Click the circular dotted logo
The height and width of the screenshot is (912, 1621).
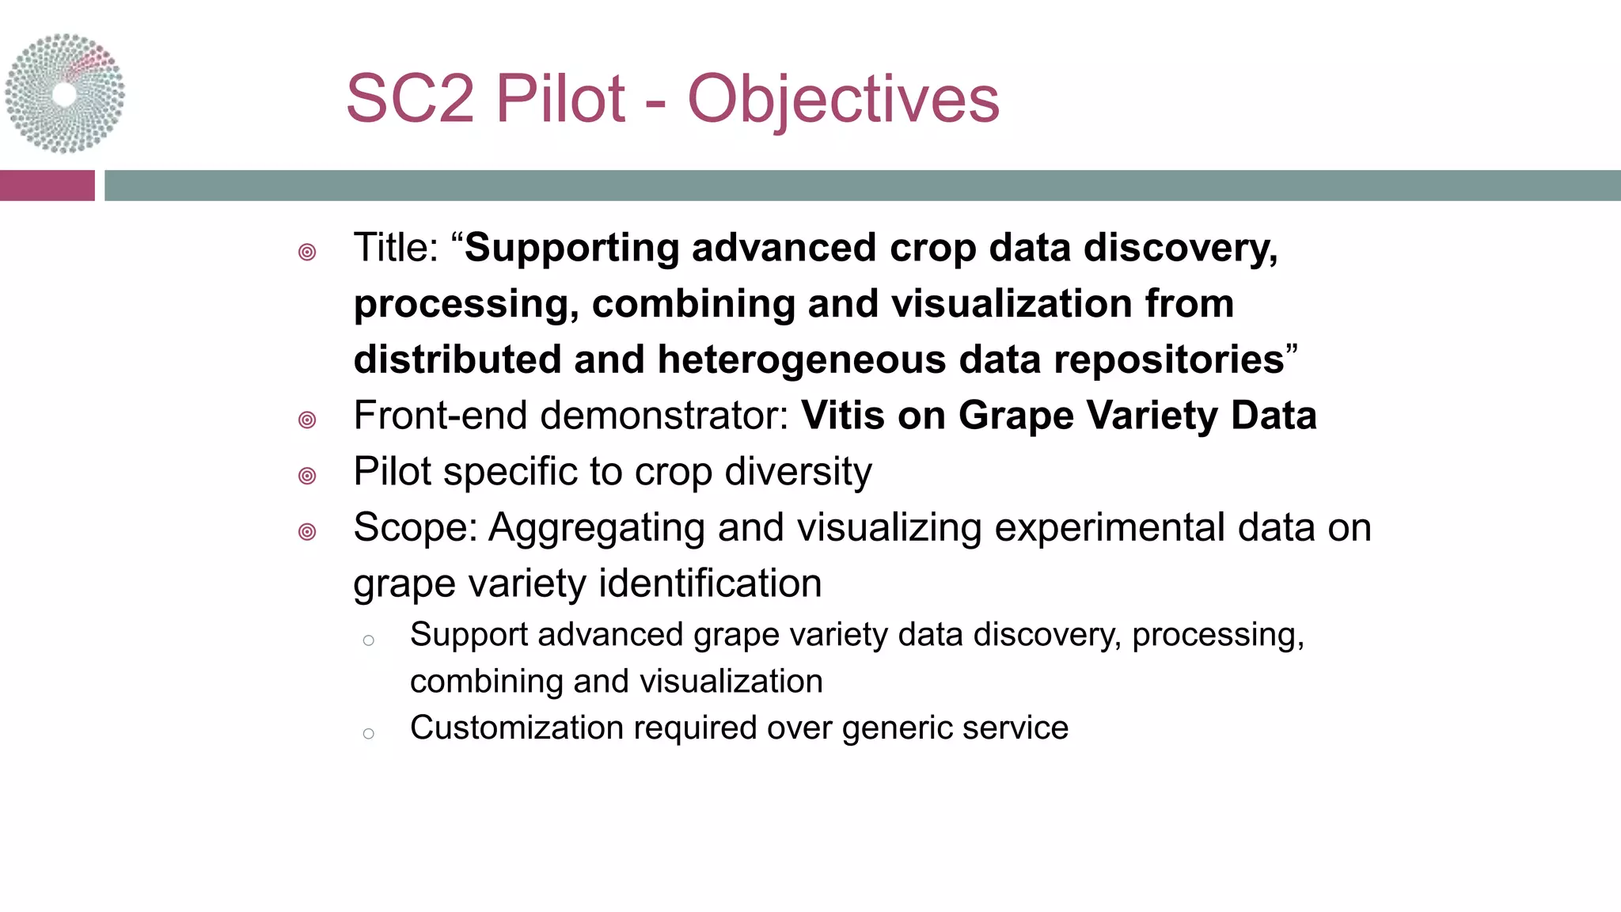click(65, 93)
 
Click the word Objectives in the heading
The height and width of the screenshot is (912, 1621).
click(843, 100)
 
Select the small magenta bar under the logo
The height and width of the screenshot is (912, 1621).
click(47, 185)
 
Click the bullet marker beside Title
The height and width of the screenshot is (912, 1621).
click(307, 252)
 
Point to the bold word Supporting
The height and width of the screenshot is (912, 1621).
click(571, 248)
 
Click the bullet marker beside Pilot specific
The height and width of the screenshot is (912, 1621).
click(307, 475)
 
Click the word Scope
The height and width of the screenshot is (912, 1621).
click(412, 528)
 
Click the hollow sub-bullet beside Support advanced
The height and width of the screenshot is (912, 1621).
click(368, 640)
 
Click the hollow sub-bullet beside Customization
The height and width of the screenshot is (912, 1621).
click(368, 734)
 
